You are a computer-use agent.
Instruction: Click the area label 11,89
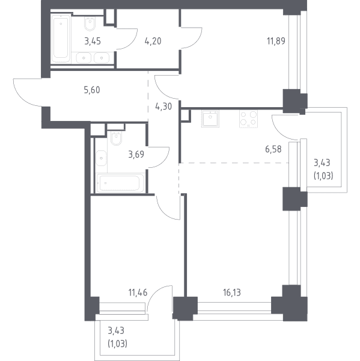(x=276, y=41)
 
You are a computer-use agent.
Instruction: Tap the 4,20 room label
(x=153, y=41)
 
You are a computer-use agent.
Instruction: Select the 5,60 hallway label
(x=92, y=90)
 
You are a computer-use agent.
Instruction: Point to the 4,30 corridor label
(x=163, y=106)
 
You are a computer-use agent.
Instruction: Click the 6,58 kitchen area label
(x=273, y=149)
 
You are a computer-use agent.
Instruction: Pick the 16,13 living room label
(x=232, y=292)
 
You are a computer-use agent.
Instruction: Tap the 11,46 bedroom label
(x=138, y=292)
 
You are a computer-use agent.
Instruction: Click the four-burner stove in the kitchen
(x=248, y=119)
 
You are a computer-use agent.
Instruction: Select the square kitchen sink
(x=210, y=119)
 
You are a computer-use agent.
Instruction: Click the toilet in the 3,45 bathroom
(x=90, y=23)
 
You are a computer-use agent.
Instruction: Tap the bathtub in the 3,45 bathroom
(x=61, y=39)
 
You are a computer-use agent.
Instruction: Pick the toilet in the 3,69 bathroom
(x=116, y=138)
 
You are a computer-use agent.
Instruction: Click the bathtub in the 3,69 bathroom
(x=120, y=184)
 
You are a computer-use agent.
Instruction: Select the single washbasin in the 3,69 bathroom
(x=101, y=158)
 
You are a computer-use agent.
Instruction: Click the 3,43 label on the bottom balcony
(x=116, y=330)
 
